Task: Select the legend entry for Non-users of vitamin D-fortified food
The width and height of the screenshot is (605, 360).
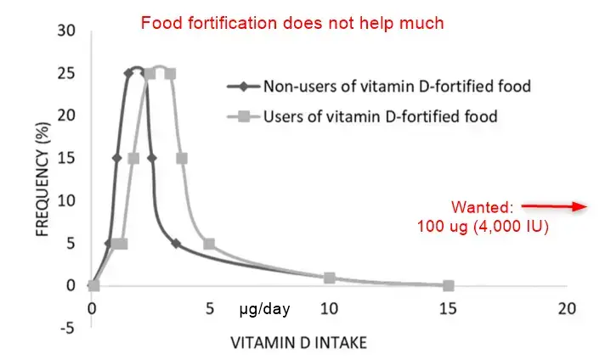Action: click(398, 86)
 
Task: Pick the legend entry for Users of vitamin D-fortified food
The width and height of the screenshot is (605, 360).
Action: click(380, 115)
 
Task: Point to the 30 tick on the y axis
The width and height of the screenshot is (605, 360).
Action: click(66, 31)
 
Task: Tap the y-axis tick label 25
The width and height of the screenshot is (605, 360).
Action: click(66, 73)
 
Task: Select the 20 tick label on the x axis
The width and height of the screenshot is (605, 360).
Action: click(567, 307)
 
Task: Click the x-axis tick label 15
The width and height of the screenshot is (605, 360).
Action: click(449, 307)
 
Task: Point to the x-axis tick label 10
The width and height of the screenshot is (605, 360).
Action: click(330, 307)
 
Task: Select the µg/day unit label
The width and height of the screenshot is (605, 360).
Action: click(264, 310)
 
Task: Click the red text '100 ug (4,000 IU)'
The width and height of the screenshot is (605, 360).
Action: click(483, 227)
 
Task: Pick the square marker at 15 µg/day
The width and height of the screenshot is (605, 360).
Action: click(449, 285)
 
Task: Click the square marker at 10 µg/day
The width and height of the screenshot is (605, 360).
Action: click(330, 278)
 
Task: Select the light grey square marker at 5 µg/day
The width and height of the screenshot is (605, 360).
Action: click(210, 244)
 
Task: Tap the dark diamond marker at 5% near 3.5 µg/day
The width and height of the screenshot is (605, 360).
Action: click(176, 244)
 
